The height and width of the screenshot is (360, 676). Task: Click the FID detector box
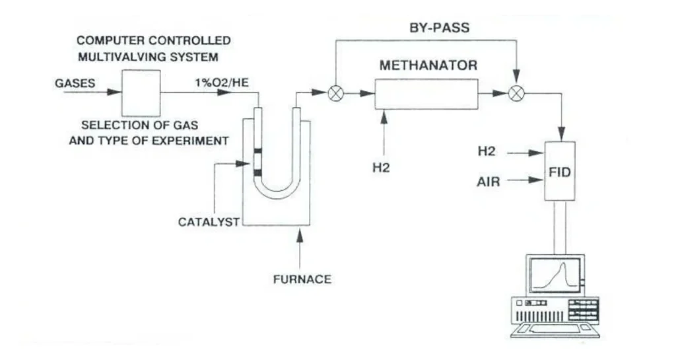[x=559, y=171]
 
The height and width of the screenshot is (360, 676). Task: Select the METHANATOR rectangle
[x=425, y=93]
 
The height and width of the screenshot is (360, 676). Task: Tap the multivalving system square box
[x=141, y=92]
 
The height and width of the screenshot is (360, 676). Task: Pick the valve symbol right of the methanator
[x=518, y=93]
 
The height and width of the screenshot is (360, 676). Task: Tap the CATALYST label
[x=209, y=222]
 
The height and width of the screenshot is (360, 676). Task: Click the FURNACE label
[x=302, y=279]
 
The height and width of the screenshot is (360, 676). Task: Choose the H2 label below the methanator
[x=382, y=168]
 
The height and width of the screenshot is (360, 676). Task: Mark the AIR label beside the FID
[x=489, y=182]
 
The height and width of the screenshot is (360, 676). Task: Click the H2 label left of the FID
[x=487, y=152]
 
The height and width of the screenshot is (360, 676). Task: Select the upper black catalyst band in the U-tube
[x=257, y=152]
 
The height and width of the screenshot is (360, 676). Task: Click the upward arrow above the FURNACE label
[x=302, y=244]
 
